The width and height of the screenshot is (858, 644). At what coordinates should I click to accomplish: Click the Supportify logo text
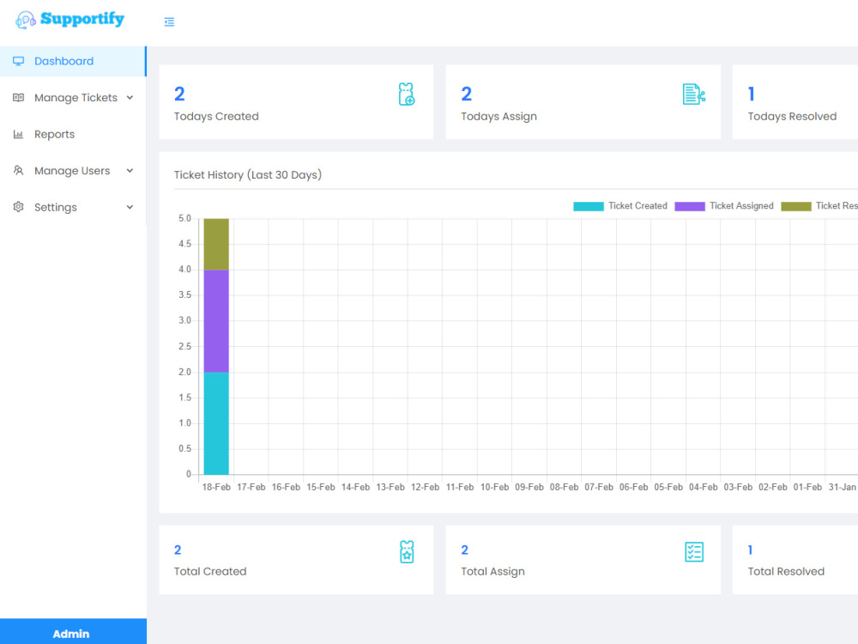[82, 19]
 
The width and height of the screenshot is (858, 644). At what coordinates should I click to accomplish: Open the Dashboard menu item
[63, 61]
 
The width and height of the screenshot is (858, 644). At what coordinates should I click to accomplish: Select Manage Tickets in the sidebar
[76, 98]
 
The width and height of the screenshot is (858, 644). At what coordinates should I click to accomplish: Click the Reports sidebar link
[54, 134]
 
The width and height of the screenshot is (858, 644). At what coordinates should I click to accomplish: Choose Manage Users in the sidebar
[72, 171]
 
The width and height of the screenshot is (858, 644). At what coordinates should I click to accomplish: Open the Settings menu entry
[56, 207]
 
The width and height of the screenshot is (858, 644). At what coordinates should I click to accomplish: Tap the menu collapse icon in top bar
[169, 22]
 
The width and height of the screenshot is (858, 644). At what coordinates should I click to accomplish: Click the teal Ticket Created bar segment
[216, 422]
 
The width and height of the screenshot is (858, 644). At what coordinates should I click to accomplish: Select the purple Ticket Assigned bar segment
[216, 320]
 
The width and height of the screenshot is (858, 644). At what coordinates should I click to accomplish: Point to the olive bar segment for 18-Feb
[216, 244]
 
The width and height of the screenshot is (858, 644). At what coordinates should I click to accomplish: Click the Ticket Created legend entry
[620, 206]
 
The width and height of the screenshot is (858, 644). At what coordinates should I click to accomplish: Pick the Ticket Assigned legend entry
[724, 206]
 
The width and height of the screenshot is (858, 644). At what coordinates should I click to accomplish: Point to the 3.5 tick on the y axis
[184, 295]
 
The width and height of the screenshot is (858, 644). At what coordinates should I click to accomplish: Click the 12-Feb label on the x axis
[425, 487]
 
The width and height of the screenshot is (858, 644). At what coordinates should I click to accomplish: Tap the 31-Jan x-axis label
[842, 487]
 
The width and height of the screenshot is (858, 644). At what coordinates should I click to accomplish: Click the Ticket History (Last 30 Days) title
[248, 175]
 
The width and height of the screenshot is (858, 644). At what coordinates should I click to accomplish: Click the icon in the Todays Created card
[407, 94]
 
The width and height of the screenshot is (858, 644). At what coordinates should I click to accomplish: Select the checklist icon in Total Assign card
[694, 552]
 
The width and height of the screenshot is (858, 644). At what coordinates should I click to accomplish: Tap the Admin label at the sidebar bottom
[71, 634]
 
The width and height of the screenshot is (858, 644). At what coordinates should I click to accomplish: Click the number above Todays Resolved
[752, 94]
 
